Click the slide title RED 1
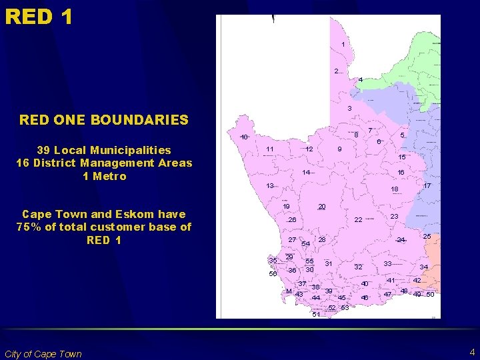pos(39,16)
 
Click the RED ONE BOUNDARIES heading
pos(104,120)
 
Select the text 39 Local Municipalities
pos(104,150)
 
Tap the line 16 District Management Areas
pos(104,163)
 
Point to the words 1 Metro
pos(104,176)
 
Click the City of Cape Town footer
pos(43,354)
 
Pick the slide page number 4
pos(471,351)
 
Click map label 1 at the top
pos(343,45)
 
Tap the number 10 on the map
pos(245,137)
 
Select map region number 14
pos(306,173)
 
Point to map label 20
pos(321,207)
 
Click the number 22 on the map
pos(358,220)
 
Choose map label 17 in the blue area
pos(427,185)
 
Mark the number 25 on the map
pos(427,237)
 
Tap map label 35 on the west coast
pos(273,260)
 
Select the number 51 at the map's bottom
pos(316,315)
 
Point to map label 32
pos(358,267)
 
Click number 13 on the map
pos(270,185)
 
